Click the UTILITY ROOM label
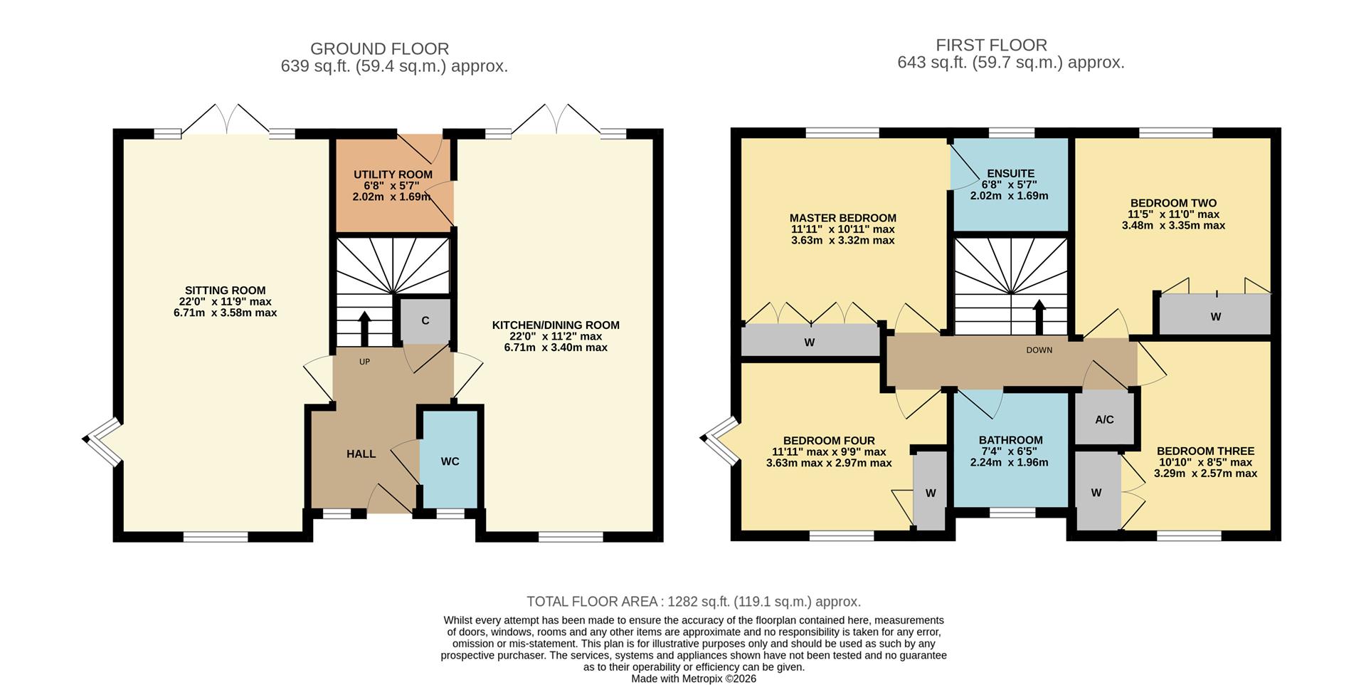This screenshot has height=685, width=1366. pos(393,174)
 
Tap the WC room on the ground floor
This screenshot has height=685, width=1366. pos(450,461)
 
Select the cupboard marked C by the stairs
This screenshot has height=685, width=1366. pos(425,320)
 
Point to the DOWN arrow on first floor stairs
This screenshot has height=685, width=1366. pos(1039,316)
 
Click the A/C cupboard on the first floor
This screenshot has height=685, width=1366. pos(1104,419)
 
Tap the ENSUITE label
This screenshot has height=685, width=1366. pos(1010,174)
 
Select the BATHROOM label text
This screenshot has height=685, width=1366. pos(1010,440)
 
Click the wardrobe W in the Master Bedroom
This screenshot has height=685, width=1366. pos(810,342)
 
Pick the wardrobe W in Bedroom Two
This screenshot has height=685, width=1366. pos(1215,316)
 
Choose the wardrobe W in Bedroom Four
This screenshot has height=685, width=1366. pos(930,493)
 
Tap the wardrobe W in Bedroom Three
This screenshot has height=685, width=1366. pos(1096,492)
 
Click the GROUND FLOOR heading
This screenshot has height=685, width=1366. pos(379,49)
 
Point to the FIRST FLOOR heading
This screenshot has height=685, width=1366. pos(991,45)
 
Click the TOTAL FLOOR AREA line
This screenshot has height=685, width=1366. pos(693,602)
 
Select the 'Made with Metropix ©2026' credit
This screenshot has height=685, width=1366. pos(693,679)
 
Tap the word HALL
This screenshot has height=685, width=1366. pos(361,454)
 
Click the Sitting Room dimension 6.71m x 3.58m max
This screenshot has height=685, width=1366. pos(225,313)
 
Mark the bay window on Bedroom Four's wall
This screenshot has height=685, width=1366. pos(720,440)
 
